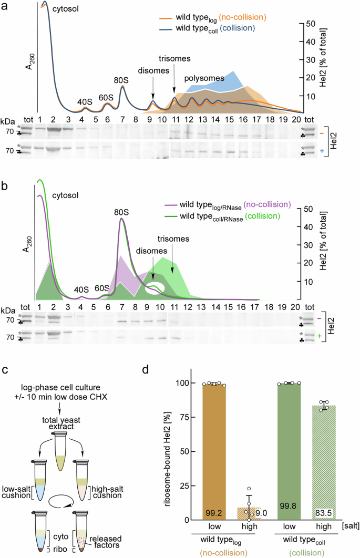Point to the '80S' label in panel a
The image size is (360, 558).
121,80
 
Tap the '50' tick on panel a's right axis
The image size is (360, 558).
311,24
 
